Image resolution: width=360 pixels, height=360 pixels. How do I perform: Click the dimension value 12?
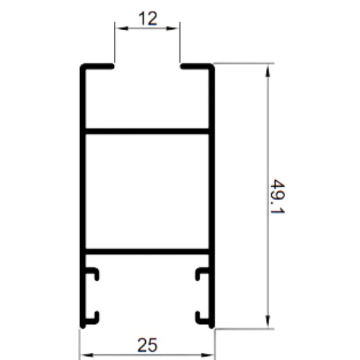click(148, 18)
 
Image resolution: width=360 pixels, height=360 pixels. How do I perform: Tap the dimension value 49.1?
click(278, 196)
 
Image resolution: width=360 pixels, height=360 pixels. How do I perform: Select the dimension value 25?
click(148, 345)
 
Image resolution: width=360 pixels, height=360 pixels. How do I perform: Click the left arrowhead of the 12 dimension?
click(121, 28)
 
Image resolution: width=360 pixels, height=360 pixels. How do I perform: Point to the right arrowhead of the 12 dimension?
click(173, 28)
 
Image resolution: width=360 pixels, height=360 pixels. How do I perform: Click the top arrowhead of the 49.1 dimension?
click(268, 70)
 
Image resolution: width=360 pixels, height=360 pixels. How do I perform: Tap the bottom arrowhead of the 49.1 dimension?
click(268, 322)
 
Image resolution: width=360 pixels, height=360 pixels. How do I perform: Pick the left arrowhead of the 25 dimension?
click(86, 356)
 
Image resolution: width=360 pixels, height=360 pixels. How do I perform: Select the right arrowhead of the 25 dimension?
click(207, 356)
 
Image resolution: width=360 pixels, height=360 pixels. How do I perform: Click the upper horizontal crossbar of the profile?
click(147, 131)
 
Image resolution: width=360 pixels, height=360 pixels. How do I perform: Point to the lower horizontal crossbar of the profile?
click(147, 251)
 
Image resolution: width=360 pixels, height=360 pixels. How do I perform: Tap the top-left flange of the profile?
click(97, 66)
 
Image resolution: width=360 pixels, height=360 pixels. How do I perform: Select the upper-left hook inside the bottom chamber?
click(94, 270)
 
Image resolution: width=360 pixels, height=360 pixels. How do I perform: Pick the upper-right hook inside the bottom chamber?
click(200, 270)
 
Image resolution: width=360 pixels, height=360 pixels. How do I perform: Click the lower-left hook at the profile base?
click(94, 321)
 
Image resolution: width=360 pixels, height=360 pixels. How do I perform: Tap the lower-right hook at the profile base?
click(200, 321)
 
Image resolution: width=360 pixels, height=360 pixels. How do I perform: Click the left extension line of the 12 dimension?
click(114, 42)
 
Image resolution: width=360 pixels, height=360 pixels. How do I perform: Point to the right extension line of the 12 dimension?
click(180, 42)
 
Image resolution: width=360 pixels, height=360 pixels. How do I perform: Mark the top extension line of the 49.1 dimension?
click(244, 63)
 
